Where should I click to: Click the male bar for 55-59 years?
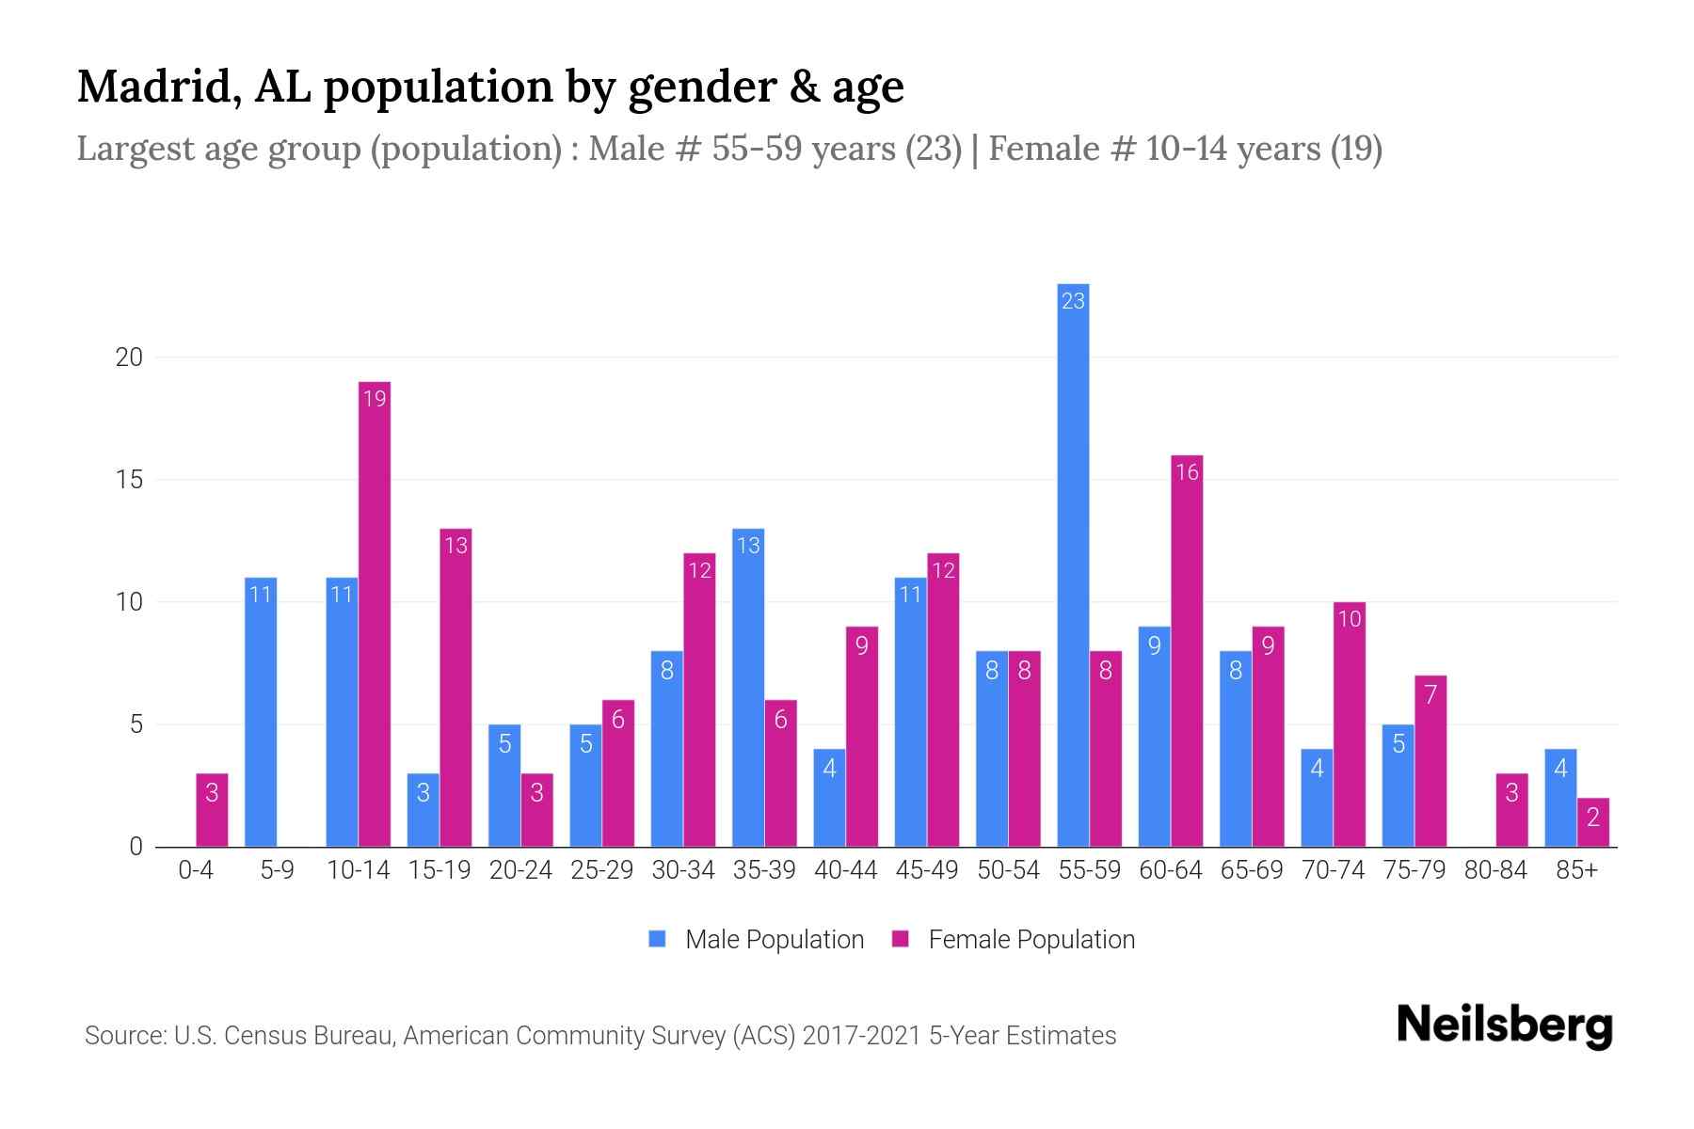tap(1073, 564)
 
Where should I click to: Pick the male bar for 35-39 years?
tap(748, 688)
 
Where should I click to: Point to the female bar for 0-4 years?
tap(212, 810)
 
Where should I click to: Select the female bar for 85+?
tap(1593, 822)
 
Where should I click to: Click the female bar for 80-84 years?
tap(1511, 810)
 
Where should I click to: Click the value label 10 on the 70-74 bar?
tap(1350, 619)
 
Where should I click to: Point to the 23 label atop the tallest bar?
tap(1073, 301)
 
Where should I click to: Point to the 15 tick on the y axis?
tap(129, 480)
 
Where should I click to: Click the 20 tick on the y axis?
tap(129, 358)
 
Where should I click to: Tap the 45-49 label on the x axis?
tap(927, 870)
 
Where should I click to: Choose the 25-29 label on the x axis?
tap(602, 870)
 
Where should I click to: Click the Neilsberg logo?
tap(1505, 1025)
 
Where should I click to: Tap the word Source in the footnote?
tap(124, 1036)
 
